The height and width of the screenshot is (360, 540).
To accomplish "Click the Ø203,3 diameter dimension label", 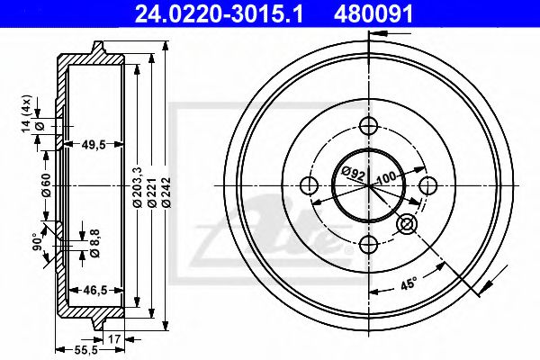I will point(136,190).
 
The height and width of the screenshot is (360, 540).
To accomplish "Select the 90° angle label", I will point(37,241).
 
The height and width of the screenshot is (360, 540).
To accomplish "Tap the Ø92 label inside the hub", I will point(352,172).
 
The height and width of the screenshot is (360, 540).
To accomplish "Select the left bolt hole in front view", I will point(309,186).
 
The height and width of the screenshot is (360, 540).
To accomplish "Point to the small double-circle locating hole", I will point(408,225).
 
